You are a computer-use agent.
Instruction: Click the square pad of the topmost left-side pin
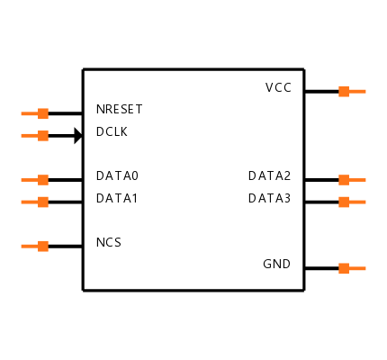[43, 113]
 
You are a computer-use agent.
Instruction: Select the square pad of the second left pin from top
[43, 136]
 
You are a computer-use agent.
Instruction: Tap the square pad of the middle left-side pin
[43, 180]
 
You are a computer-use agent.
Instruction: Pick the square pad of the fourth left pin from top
[43, 202]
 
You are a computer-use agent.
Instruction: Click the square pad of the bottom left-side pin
[43, 246]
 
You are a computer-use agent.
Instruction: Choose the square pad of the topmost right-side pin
[344, 91]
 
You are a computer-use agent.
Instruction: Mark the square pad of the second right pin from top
[344, 180]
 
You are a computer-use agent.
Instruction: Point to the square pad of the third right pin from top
[344, 202]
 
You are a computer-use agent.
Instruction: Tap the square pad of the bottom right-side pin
[344, 268]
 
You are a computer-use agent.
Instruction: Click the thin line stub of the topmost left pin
[30, 113]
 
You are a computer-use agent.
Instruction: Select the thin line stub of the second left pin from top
[30, 136]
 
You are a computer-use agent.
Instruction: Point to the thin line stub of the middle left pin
[30, 180]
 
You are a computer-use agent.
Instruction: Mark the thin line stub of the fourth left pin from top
[30, 202]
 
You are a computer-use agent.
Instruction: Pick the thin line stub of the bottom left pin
[30, 246]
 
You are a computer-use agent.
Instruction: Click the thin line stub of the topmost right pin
[357, 91]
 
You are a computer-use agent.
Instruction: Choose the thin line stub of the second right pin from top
[357, 180]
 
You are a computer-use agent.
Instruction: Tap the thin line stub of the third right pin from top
[357, 202]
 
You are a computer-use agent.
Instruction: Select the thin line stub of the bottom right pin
[357, 268]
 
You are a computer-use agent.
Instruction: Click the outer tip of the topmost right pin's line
[365, 91]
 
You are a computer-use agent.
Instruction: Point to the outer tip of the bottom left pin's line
[22, 246]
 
